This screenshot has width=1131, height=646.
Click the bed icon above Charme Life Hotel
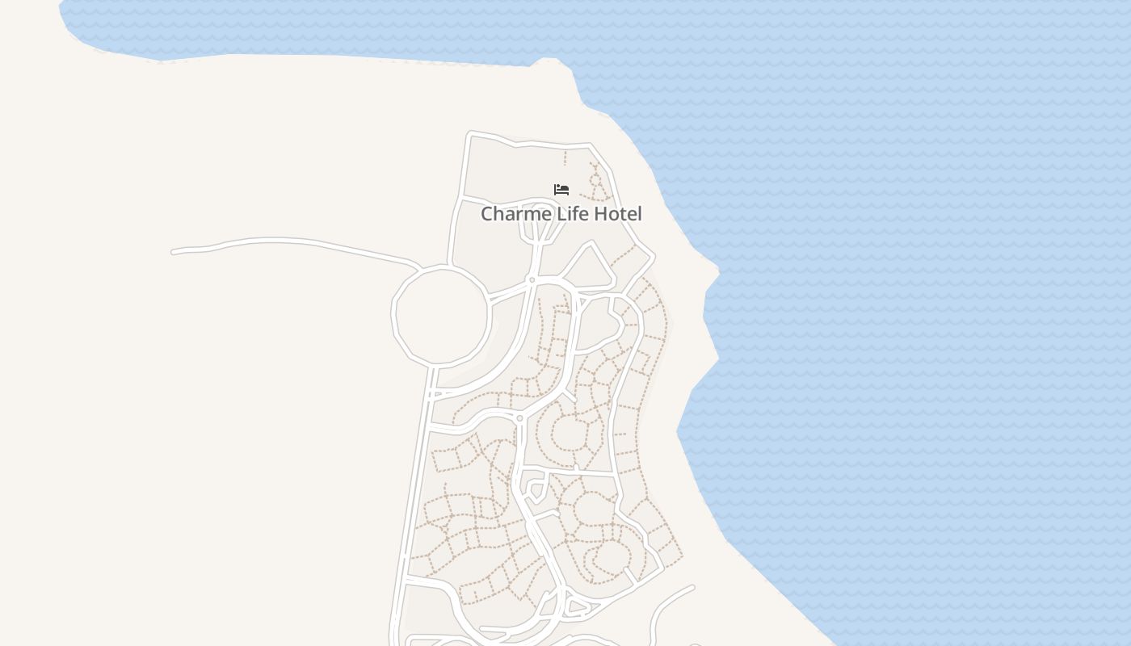pos(561,190)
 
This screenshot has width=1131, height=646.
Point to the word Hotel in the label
pos(618,214)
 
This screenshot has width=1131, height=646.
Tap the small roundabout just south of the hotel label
pos(532,280)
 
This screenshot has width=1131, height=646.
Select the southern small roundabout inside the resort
pos(519,417)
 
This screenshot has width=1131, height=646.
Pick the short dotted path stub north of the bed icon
pos(565,157)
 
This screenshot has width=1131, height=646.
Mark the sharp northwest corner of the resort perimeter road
pos(471,133)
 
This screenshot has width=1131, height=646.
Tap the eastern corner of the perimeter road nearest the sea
pos(652,258)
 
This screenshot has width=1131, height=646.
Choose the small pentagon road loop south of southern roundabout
pos(536,489)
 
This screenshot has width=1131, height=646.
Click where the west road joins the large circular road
pos(419,266)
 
